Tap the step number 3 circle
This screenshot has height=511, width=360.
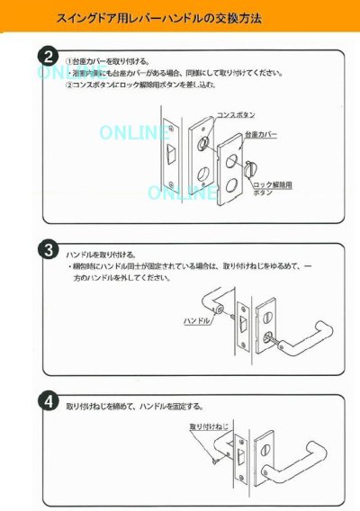click(49, 247)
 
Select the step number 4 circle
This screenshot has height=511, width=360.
click(49, 399)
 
